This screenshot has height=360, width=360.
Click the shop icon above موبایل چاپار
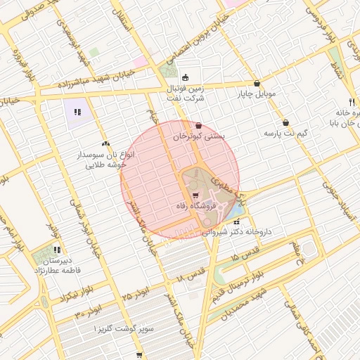257,83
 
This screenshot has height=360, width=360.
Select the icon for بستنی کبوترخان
199,126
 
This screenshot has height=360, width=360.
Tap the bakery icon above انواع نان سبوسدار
105,143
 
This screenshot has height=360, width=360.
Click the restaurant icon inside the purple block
77,111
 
